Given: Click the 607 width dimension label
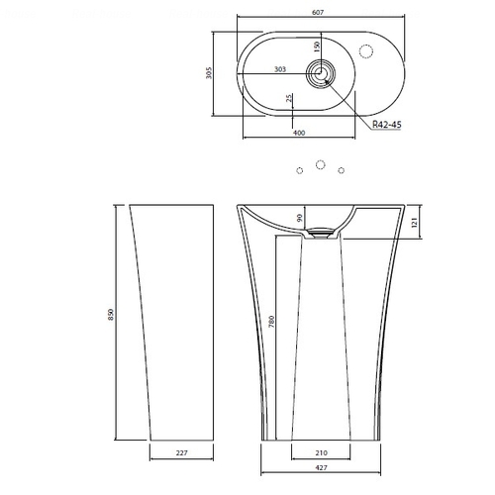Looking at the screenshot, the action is (x=318, y=13).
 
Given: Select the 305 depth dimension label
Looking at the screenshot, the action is (x=209, y=73).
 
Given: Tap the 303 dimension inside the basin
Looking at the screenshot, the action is (x=280, y=69).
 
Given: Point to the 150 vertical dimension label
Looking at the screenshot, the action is (x=317, y=47).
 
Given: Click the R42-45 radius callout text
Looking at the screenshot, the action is (x=387, y=125).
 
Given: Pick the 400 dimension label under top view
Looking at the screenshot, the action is (x=299, y=133).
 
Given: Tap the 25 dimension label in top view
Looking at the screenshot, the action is (x=289, y=98).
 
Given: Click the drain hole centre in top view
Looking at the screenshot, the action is (x=320, y=73).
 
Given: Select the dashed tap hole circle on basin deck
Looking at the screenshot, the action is (x=366, y=51).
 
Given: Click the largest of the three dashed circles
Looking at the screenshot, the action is (x=320, y=164).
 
